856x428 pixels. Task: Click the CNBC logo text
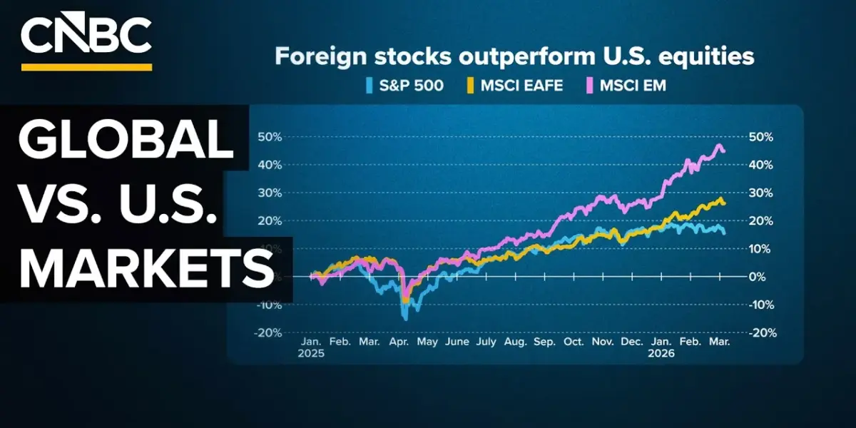86,35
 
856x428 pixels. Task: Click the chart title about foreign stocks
514,57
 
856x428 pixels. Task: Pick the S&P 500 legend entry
404,86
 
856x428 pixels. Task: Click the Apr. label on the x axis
399,342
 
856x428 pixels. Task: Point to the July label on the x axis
486,342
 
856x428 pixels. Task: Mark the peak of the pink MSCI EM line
718,146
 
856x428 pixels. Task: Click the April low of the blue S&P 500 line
406,319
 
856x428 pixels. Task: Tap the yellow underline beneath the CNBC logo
86,67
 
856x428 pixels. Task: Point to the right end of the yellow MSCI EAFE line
725,204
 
